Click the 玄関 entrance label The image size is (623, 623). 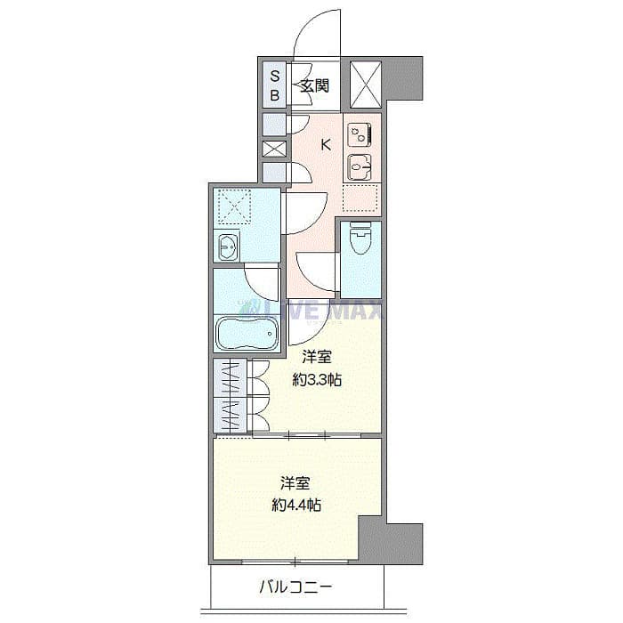coord(315,86)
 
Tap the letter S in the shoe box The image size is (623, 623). coord(275,76)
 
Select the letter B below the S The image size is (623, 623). coord(275,94)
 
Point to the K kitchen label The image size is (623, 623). coord(326,145)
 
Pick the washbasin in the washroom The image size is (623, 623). coord(227,247)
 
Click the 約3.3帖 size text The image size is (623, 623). coord(319,380)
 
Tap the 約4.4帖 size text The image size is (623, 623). coord(296,505)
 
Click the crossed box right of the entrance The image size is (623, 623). coord(365,85)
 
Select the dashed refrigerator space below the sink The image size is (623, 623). coord(361,197)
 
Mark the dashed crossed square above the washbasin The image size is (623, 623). coord(236,207)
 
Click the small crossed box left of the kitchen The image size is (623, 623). coord(272,150)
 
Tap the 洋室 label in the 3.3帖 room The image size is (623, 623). coord(317,358)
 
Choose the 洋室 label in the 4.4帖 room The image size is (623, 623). coord(296,483)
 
